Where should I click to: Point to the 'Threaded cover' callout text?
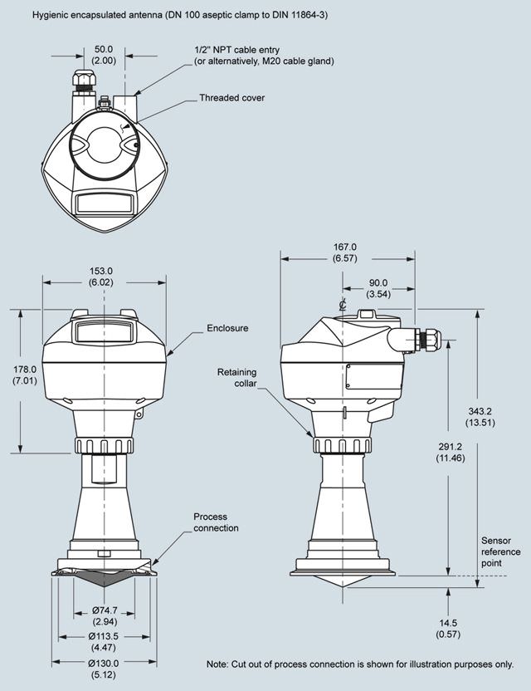(232, 98)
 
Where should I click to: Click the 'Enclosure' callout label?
(227, 328)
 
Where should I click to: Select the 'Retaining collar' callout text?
(237, 378)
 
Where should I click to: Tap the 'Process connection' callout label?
(216, 522)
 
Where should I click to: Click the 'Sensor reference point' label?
(500, 551)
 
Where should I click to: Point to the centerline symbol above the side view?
(342, 304)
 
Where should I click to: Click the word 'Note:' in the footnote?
(217, 664)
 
